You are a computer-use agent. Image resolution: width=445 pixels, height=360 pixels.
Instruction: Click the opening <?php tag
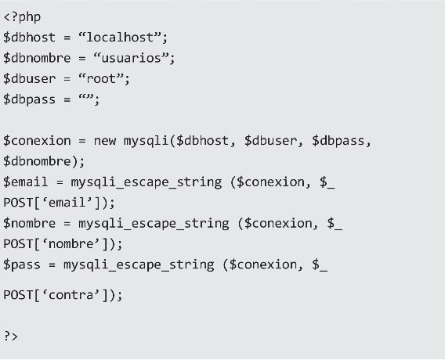pos(22,17)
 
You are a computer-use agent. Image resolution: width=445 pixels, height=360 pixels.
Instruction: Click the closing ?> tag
pos(11,337)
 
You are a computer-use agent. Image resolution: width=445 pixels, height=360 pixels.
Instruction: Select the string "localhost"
pos(120,38)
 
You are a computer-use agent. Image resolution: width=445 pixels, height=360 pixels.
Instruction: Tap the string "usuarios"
pos(131,58)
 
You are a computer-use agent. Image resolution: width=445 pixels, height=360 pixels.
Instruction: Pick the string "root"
pos(101,79)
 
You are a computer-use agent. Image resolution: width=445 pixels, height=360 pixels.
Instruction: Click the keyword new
pos(105,141)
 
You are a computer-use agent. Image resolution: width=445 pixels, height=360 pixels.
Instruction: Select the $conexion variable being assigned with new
pos(37,141)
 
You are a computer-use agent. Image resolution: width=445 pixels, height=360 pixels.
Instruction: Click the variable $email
pos(26,182)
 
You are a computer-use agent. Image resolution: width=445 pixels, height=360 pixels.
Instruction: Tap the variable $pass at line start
pos(22,265)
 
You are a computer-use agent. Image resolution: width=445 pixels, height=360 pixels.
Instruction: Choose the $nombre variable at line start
pos(30,223)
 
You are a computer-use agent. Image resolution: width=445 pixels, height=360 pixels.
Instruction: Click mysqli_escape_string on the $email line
pos(147,182)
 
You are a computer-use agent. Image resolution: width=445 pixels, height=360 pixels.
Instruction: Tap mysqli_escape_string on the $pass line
pos(139,265)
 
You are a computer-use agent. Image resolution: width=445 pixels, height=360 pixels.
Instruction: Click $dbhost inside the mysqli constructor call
pos(202,141)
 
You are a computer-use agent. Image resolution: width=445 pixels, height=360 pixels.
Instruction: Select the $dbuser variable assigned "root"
pos(30,79)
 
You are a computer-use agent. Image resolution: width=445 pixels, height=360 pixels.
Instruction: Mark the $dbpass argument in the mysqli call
pos(338,141)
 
